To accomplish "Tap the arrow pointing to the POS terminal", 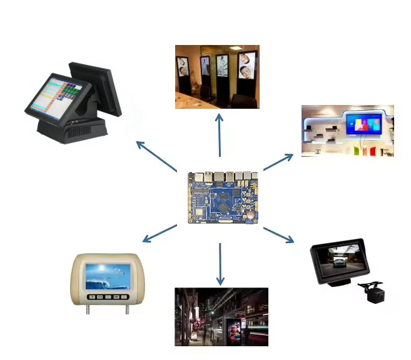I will point(156,156).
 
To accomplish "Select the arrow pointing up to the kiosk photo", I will point(220,134).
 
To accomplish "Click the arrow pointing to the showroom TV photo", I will point(278,162).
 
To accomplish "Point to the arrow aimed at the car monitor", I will point(278,235).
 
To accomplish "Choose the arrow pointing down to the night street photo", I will point(220,263).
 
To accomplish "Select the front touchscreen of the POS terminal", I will point(53,94).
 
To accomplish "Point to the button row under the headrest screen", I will point(104,297).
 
